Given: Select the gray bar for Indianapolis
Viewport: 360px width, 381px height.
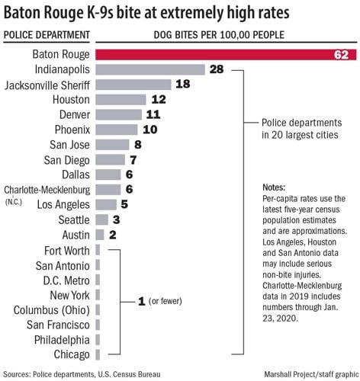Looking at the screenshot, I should click(x=151, y=69).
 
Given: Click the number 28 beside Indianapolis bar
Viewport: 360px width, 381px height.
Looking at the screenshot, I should click(x=217, y=69).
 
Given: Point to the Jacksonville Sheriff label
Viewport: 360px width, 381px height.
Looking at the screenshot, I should click(x=47, y=85).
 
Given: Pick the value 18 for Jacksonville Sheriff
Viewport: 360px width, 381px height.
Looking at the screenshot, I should click(x=183, y=85).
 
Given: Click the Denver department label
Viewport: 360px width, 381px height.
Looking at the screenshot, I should click(x=72, y=114).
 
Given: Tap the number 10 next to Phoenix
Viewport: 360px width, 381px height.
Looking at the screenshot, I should click(x=150, y=130).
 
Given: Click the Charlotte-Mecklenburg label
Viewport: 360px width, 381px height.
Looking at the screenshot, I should click(x=47, y=189).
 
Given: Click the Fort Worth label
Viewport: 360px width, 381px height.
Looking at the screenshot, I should click(x=66, y=250).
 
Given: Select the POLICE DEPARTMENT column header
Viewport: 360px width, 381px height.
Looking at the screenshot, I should click(x=47, y=35).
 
